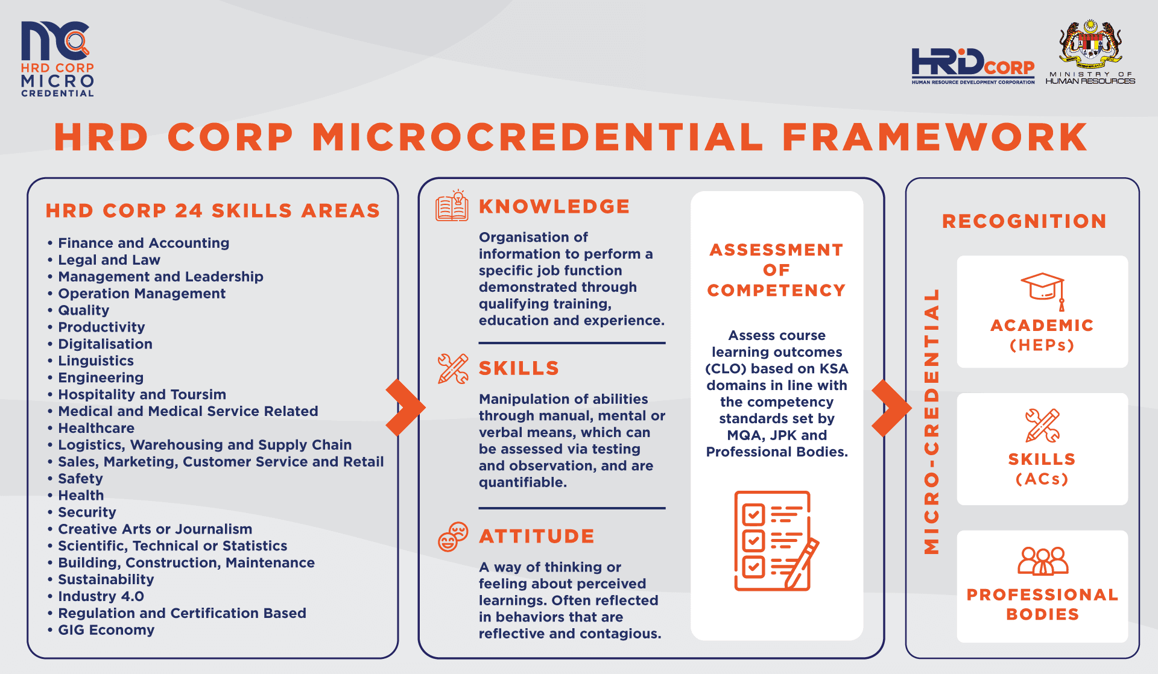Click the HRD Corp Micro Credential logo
57,59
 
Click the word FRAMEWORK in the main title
935,137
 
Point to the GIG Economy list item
106,630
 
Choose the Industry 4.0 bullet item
101,596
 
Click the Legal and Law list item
109,260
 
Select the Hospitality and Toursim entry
142,394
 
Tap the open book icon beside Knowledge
452,206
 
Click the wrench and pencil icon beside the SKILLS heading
453,368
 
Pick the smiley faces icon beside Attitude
453,537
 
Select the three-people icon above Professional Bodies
1042,561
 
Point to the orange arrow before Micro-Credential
891,408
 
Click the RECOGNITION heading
1024,221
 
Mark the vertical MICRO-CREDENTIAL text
932,421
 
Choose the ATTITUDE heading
537,536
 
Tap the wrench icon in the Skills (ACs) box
1042,425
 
